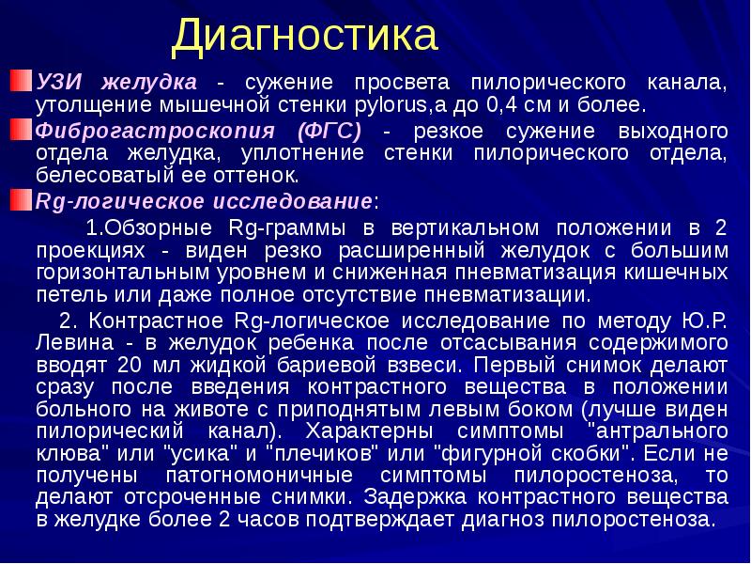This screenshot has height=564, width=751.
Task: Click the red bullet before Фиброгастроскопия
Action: (23, 129)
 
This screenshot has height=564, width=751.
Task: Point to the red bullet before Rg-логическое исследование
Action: (23, 199)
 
